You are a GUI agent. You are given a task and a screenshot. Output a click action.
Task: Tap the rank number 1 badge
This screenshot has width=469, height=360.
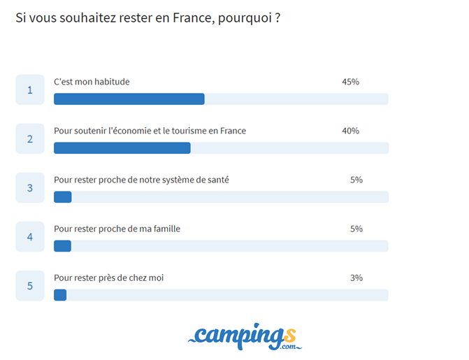tap(30, 89)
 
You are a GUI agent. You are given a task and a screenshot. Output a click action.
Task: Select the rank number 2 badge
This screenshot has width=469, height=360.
tap(30, 138)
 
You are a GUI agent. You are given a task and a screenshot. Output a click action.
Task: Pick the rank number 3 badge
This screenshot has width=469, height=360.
tap(30, 187)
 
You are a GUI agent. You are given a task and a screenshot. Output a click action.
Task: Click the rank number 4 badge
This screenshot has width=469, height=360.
tap(30, 236)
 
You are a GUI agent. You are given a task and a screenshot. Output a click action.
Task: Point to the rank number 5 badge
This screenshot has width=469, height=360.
tap(30, 285)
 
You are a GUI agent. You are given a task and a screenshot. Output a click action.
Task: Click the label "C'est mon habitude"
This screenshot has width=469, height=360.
tap(92, 82)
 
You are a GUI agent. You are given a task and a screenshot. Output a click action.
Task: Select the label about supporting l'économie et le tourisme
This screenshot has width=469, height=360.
tap(150, 131)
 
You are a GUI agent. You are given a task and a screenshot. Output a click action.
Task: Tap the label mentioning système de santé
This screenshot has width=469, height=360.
tap(141, 180)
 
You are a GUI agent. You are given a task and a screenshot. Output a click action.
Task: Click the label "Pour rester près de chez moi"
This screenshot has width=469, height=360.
tap(108, 278)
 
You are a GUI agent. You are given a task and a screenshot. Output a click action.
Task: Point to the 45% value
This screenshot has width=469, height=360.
tap(350, 82)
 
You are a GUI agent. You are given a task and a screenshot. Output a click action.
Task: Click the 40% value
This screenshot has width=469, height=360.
tap(350, 131)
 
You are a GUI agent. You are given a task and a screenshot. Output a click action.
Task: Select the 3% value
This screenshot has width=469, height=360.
tap(356, 278)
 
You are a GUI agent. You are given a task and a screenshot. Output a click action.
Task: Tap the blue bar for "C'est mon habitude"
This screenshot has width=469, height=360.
tap(129, 99)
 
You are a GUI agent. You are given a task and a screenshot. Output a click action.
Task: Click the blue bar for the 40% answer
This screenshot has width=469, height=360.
tap(122, 148)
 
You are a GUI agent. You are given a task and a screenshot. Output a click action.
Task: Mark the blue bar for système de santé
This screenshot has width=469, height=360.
tap(63, 197)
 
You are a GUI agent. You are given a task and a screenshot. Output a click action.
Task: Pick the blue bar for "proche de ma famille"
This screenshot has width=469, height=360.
tap(63, 246)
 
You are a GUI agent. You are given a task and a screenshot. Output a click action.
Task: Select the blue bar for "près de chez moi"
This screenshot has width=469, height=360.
tap(60, 295)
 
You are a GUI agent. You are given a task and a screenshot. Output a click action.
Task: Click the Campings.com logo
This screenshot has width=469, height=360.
tap(245, 336)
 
